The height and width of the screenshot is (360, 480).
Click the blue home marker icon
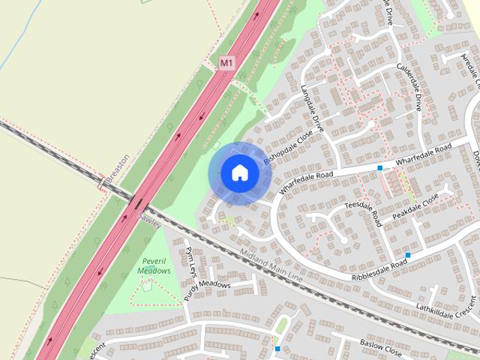pyautogui.click(x=239, y=173)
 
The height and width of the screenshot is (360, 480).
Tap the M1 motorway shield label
pyautogui.click(x=227, y=64)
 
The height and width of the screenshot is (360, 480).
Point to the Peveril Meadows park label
pyautogui.click(x=156, y=265)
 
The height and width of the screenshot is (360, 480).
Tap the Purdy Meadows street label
pyautogui.click(x=220, y=285)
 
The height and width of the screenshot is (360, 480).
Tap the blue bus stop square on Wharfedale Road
pyautogui.click(x=380, y=168)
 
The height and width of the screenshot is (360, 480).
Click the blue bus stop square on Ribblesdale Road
pyautogui.click(x=408, y=256)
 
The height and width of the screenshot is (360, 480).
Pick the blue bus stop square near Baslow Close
pyautogui.click(x=277, y=348)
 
